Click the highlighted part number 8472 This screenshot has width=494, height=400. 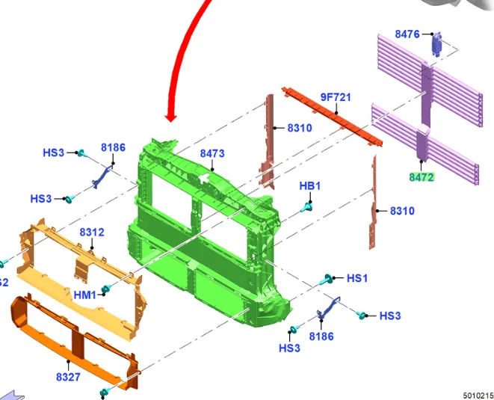click(x=422, y=177)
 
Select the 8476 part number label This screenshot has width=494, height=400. click(x=407, y=34)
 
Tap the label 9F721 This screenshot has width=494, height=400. click(x=336, y=97)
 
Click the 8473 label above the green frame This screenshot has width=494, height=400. click(x=212, y=153)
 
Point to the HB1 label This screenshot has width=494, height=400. click(x=310, y=186)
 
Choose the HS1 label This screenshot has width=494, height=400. click(x=357, y=278)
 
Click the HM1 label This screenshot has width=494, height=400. click(x=84, y=295)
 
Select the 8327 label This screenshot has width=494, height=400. click(x=68, y=377)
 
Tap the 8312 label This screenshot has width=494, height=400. click(x=92, y=233)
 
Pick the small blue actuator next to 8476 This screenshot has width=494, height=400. click(x=436, y=44)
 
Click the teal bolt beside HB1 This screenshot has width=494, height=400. click(x=306, y=207)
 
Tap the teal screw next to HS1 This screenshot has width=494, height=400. click(x=326, y=279)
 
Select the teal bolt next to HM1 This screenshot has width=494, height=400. click(x=106, y=289)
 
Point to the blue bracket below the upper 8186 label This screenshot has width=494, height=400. click(x=102, y=176)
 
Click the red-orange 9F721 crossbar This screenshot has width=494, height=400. click(x=333, y=117)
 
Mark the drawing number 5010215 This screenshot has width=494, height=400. click(x=478, y=396)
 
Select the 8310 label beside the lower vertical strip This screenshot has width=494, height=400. click(x=402, y=211)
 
